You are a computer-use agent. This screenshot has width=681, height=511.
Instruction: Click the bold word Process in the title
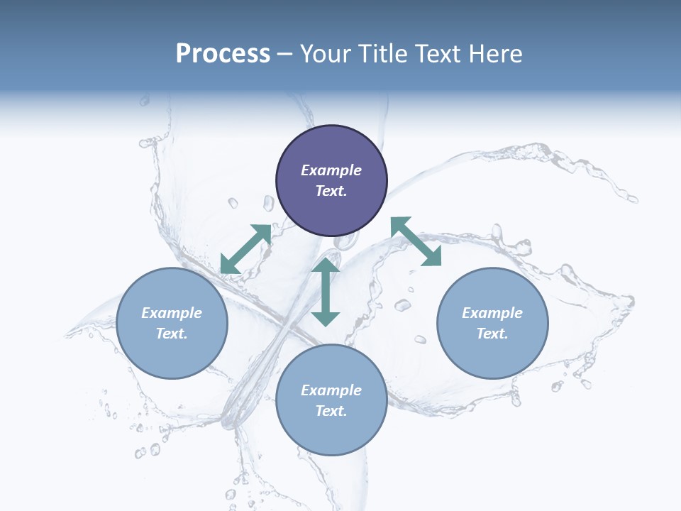coord(223,54)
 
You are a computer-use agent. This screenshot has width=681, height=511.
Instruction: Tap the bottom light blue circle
coord(331,433)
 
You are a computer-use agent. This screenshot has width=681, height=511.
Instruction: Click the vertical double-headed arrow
coord(326,292)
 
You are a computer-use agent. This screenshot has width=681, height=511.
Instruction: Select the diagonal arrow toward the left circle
coord(245,249)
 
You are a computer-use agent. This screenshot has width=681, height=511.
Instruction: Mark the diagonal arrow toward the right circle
coord(416,241)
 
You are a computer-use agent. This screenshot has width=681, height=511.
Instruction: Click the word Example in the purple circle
coord(331,170)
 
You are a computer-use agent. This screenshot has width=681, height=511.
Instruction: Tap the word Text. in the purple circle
coord(331,191)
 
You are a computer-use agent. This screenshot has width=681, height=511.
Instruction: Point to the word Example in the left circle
coord(172,313)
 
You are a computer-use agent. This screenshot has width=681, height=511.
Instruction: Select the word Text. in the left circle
coord(172,334)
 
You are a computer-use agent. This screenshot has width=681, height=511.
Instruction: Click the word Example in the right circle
coord(492,313)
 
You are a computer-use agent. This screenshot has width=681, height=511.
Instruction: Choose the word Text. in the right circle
coord(492,334)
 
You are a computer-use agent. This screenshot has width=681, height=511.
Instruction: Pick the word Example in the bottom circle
coord(331,390)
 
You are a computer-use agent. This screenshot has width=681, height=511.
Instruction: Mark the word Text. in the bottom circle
coord(331,411)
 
